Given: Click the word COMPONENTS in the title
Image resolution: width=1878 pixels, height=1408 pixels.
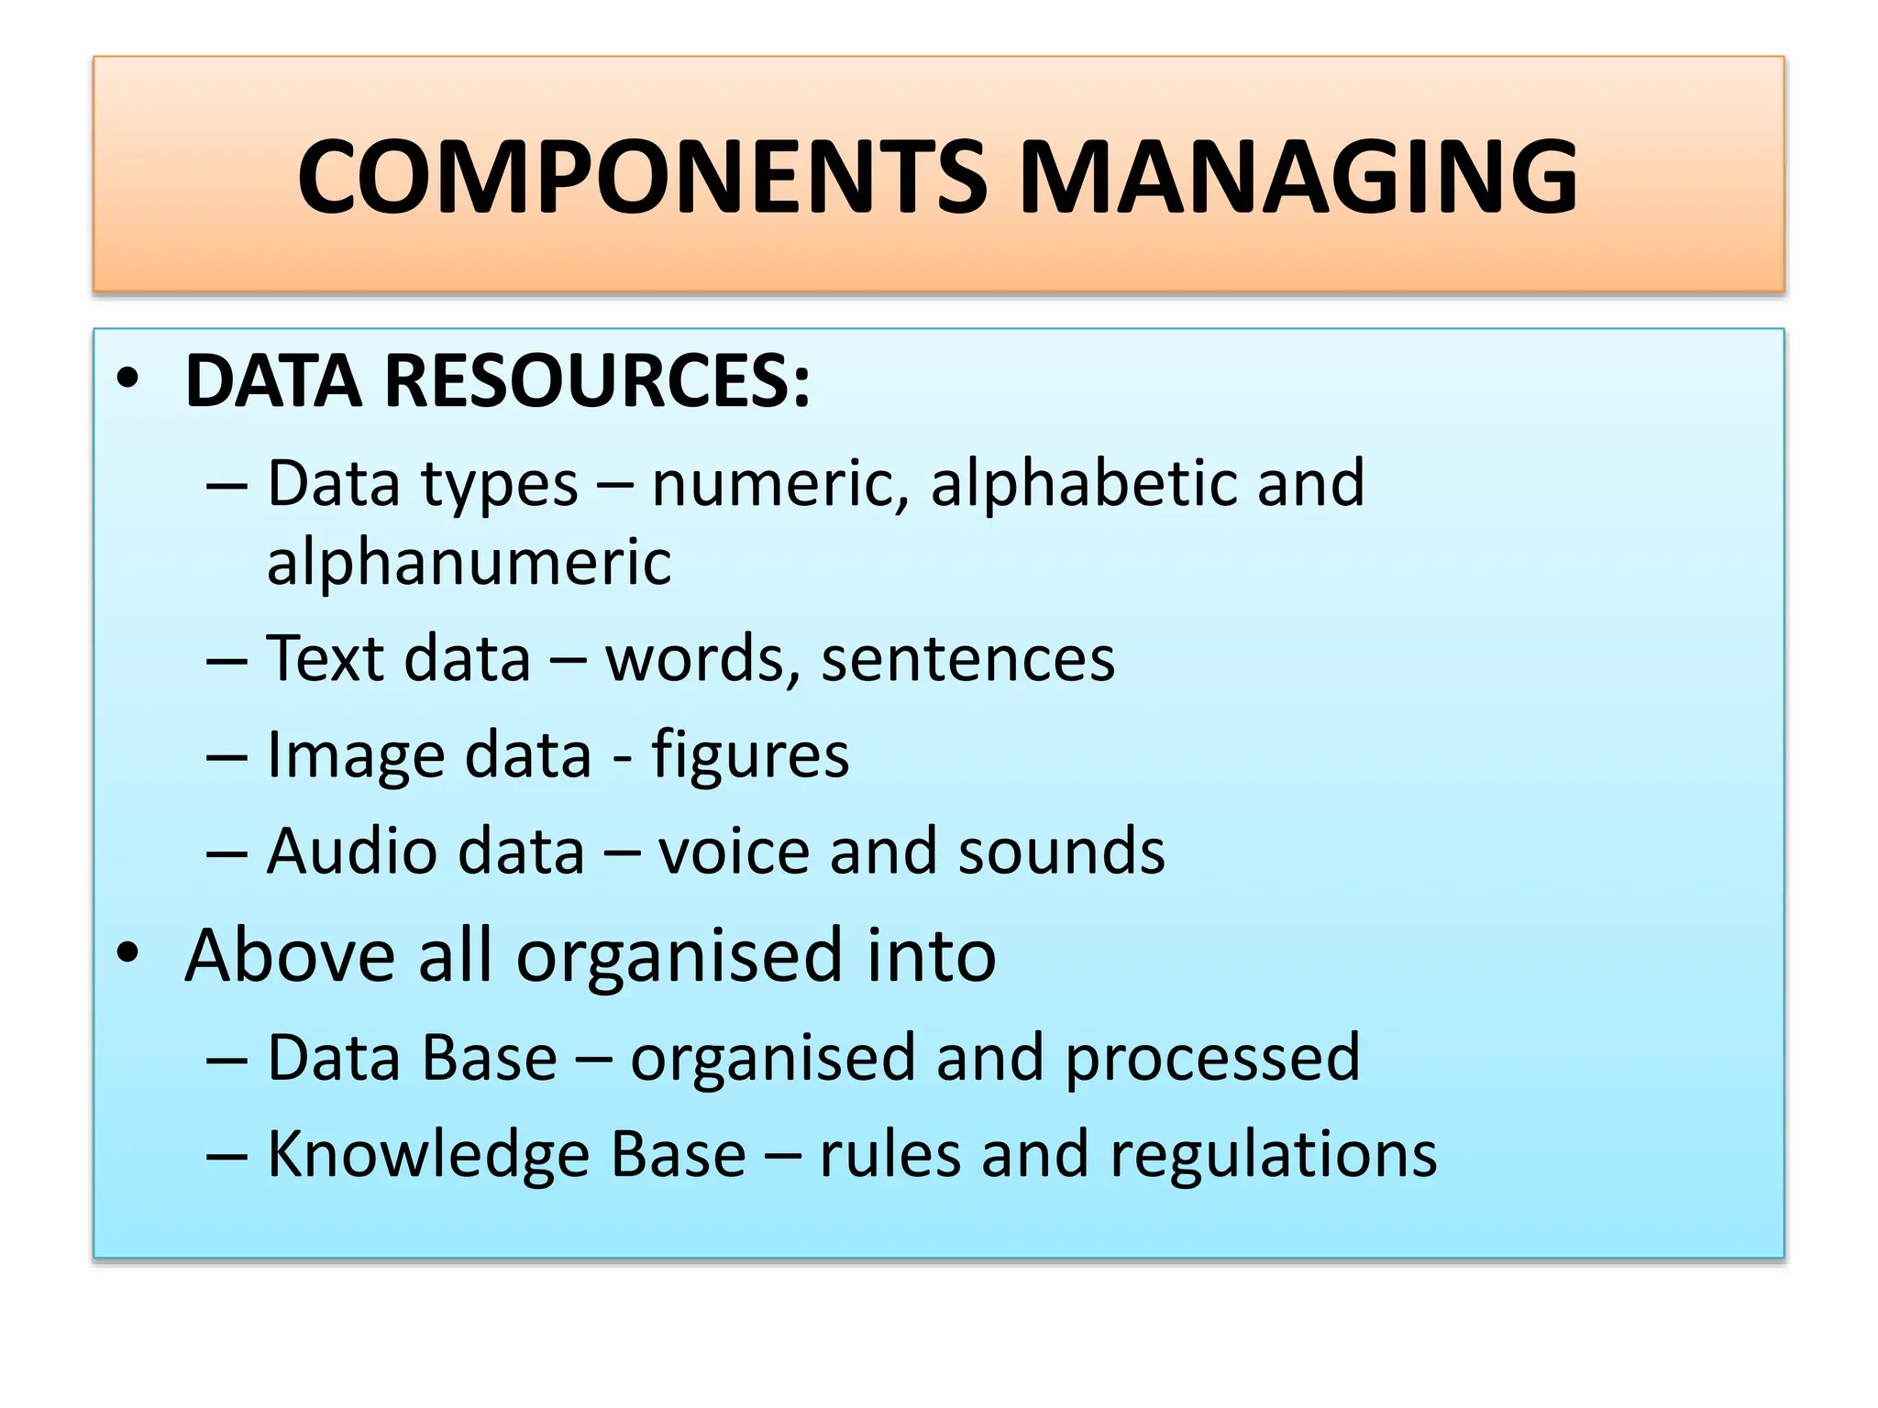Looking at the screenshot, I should coord(642,177).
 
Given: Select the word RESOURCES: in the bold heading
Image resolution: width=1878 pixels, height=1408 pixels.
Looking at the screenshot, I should coord(597,381).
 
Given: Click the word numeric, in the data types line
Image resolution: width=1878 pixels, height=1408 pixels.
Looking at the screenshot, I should coord(780,484).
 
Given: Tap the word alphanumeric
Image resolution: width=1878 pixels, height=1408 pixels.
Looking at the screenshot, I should coord(469,562).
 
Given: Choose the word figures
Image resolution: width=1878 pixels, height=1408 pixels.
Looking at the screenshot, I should coord(750,757).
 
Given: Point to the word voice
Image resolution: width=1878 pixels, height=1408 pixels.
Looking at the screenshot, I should coord(734,852).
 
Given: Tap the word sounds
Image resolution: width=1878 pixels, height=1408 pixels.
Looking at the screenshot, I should coord(1061,852).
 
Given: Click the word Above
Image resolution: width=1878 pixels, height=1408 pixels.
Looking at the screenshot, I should coord(292,956).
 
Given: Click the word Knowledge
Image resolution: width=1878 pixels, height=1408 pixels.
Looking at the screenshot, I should coord(428,1155).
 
